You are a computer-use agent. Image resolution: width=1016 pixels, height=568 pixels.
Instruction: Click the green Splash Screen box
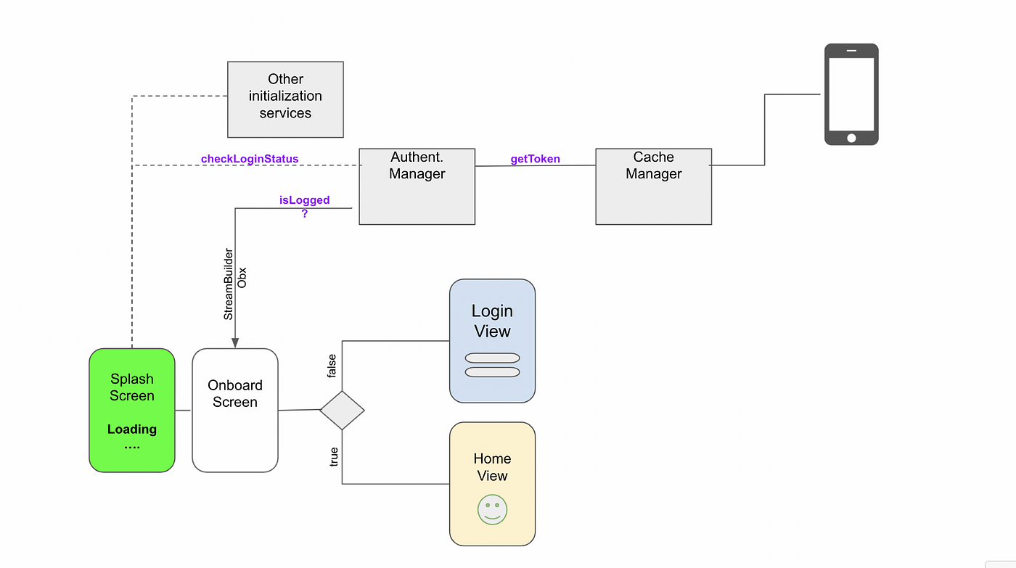(x=132, y=411)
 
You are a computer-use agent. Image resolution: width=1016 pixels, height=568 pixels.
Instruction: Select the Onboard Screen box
(x=235, y=411)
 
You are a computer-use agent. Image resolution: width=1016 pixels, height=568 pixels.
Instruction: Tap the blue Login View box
(x=492, y=341)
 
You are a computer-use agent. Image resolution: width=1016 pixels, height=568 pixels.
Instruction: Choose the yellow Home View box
(x=492, y=484)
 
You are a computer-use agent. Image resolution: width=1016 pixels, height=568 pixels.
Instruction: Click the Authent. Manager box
(x=417, y=186)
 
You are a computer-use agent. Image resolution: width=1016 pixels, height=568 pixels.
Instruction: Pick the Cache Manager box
(x=654, y=186)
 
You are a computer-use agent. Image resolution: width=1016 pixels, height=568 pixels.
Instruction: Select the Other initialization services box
(x=285, y=99)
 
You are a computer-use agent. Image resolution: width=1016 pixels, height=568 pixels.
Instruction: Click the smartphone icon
(x=851, y=94)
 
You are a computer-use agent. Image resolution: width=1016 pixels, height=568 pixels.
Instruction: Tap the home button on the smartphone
(x=851, y=138)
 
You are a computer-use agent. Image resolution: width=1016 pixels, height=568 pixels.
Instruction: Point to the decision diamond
(x=342, y=411)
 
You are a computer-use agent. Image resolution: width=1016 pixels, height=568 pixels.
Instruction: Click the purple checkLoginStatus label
(x=250, y=159)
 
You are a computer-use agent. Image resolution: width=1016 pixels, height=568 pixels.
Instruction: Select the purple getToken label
(x=536, y=159)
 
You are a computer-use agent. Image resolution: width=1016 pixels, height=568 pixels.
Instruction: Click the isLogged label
(x=304, y=200)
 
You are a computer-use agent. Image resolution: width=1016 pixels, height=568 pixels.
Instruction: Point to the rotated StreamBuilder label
(x=228, y=284)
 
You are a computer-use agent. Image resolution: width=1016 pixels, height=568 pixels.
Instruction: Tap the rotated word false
(x=332, y=366)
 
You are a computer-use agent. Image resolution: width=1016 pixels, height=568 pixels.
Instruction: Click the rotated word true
(x=333, y=457)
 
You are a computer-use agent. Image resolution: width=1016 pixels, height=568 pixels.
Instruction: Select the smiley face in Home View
(x=492, y=509)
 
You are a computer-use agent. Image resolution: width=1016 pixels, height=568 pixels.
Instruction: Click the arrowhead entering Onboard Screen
(x=235, y=342)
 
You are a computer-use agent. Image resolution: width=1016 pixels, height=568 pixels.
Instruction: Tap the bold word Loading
(x=132, y=429)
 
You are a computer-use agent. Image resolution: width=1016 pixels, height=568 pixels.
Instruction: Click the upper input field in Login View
(x=492, y=358)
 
